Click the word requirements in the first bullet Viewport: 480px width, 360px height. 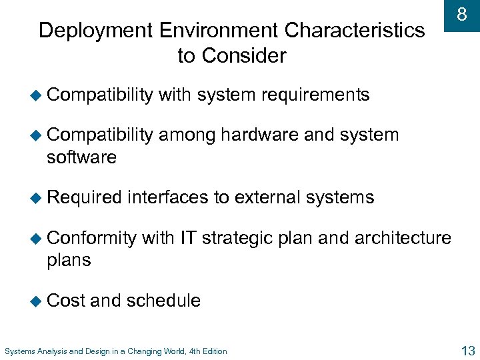coord(315,95)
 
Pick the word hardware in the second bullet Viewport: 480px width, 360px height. coord(259,135)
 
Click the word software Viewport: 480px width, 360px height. coord(81,158)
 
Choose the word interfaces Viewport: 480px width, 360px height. coord(167,197)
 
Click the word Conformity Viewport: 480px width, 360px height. coord(92,237)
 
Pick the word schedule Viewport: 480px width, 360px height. coord(163,301)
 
